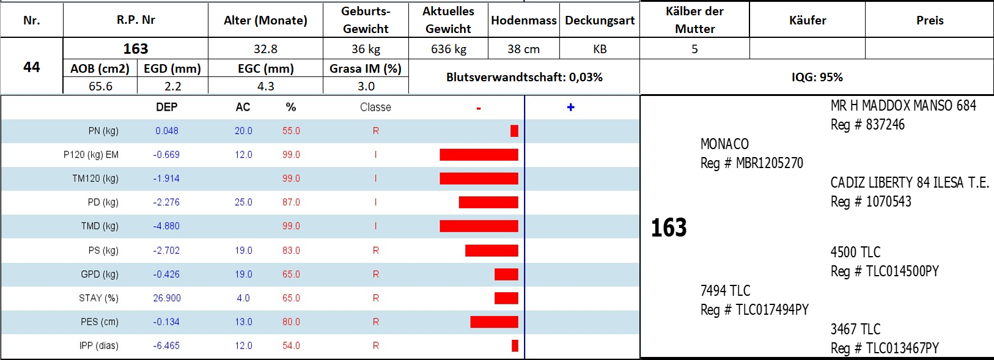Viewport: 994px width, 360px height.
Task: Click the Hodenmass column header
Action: [x=524, y=20]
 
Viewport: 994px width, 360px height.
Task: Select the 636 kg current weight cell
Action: [x=448, y=49]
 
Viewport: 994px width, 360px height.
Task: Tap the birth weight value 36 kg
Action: [x=366, y=49]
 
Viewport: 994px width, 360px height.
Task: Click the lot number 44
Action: [x=32, y=67]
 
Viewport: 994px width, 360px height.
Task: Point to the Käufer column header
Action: [x=808, y=20]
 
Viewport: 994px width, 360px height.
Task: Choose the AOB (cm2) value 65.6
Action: [x=100, y=86]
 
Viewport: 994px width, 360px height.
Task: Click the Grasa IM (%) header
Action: [x=366, y=68]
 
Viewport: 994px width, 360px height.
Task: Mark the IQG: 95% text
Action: [x=817, y=77]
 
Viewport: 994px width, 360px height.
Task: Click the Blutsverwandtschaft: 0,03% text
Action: [x=524, y=77]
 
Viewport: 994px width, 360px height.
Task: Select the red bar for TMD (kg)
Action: [x=479, y=226]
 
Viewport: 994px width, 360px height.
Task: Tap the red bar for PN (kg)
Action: [x=514, y=131]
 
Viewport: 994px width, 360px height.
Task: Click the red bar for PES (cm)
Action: [x=494, y=321]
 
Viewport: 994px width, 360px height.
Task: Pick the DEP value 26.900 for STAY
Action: [x=167, y=298]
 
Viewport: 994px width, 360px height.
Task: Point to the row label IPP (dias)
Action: [x=99, y=346]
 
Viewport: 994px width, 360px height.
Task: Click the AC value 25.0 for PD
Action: [x=243, y=202]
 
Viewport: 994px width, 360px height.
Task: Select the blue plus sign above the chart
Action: [x=570, y=107]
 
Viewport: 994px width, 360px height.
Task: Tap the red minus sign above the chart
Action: [x=479, y=108]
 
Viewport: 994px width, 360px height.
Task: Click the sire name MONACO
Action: [x=724, y=144]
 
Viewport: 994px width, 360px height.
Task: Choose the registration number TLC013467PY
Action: [x=902, y=348]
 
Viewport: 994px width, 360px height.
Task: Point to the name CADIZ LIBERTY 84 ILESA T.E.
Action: [x=909, y=183]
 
